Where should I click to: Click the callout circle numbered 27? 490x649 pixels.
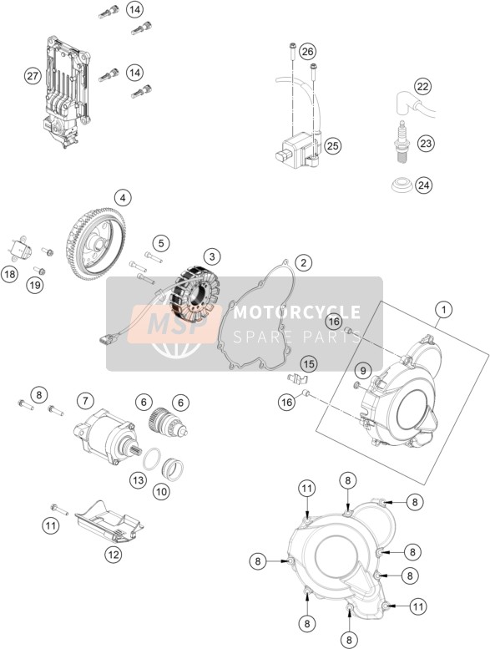point(33,76)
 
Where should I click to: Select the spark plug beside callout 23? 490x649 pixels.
point(401,142)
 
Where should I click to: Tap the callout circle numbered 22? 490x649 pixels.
point(422,87)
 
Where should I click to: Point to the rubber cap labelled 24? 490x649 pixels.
point(402,185)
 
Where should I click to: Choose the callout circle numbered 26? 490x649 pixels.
point(307,52)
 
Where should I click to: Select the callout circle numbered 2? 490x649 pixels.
point(304,262)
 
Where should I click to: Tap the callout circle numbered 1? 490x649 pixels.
point(444,310)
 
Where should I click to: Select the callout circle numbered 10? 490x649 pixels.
point(161,491)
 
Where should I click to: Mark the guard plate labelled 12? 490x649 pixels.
point(109,523)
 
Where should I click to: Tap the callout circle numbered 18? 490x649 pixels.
point(9,274)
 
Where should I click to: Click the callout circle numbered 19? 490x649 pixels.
point(35,285)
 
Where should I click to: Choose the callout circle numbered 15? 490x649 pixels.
point(309,364)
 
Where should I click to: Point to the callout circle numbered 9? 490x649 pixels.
point(362,371)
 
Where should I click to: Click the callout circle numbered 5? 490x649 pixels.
point(161,243)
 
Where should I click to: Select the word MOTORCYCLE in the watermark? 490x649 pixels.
point(297,312)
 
